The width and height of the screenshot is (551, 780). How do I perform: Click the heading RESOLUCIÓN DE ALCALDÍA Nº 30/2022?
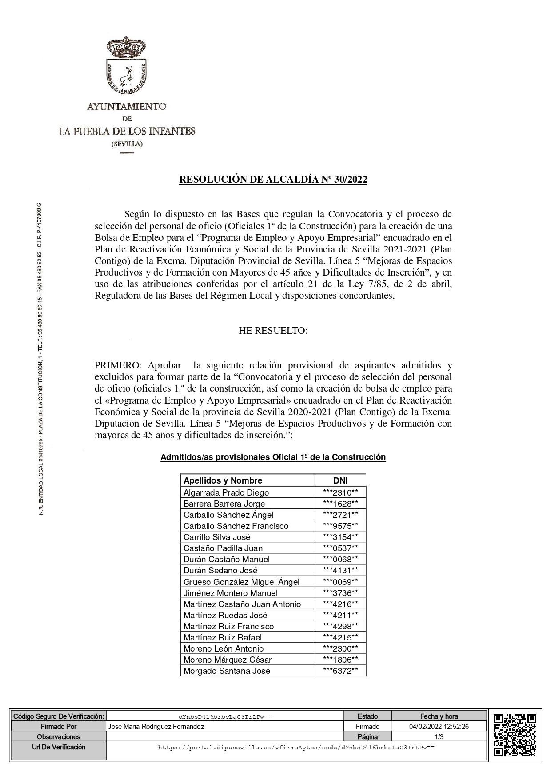pos(273,180)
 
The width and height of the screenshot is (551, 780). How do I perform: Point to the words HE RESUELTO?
pos(273,331)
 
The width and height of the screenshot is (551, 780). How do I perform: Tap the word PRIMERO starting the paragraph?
pos(117,365)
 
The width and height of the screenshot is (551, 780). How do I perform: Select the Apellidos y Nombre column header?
pos(223,480)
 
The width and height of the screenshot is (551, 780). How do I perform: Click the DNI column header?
pos(340,480)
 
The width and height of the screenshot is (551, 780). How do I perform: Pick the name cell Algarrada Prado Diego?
pos(226,492)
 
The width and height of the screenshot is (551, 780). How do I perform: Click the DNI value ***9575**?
pos(340,526)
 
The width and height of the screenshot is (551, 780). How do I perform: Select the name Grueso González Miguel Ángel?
pos(241,582)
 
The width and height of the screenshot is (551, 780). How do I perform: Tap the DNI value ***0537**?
pos(340,548)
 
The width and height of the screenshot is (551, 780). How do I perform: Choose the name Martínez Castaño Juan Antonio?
pos(242,604)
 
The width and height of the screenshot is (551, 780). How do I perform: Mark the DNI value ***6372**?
pos(340,671)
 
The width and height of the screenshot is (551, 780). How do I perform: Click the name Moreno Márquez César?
pos(228,660)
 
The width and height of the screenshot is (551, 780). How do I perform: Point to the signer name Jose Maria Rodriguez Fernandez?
pos(156,727)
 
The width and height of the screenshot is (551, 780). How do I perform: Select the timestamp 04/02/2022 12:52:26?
pos(439,727)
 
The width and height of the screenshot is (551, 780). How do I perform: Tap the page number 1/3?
pos(439,737)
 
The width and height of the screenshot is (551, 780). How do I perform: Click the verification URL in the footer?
pos(296,748)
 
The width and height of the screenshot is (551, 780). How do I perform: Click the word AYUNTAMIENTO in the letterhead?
pos(127,107)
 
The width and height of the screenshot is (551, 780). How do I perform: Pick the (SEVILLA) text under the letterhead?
pos(127,144)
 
